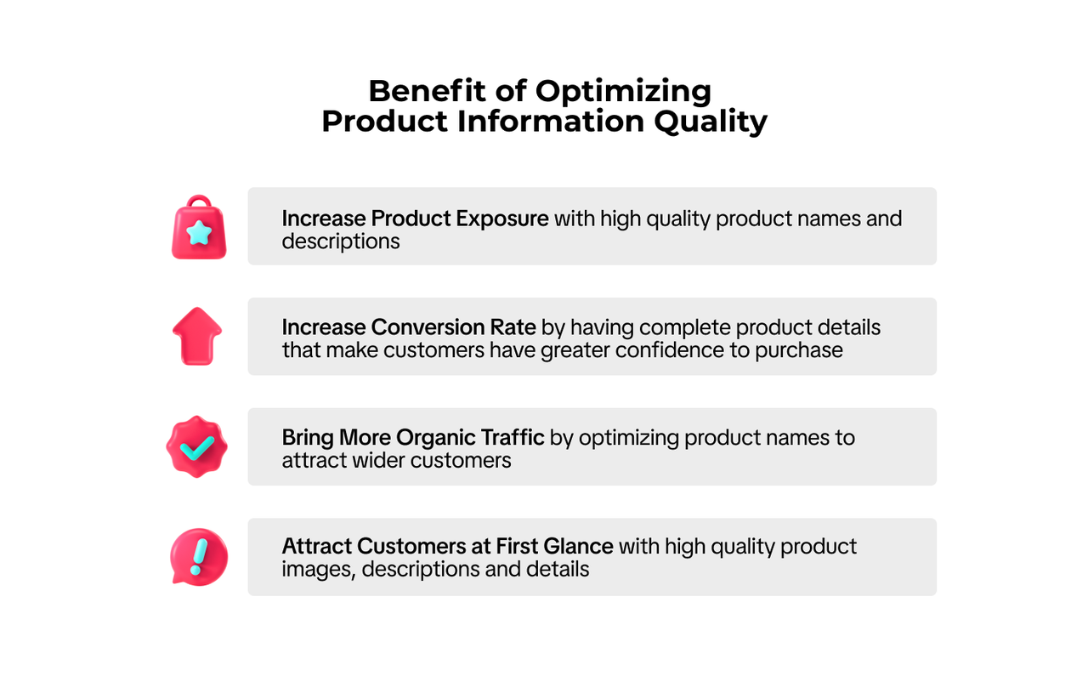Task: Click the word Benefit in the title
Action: (x=427, y=91)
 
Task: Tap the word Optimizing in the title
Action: (x=623, y=94)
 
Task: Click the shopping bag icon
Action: (x=199, y=227)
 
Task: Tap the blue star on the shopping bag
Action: (x=199, y=233)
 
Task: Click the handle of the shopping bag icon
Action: (x=199, y=202)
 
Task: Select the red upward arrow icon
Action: (x=197, y=336)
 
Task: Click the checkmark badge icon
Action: (x=196, y=446)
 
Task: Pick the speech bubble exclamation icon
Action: (x=199, y=557)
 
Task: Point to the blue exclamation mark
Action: (x=199, y=557)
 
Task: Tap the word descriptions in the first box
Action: (x=341, y=241)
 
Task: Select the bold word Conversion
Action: (x=428, y=327)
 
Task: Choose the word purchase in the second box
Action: (x=799, y=351)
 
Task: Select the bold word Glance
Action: (x=578, y=546)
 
